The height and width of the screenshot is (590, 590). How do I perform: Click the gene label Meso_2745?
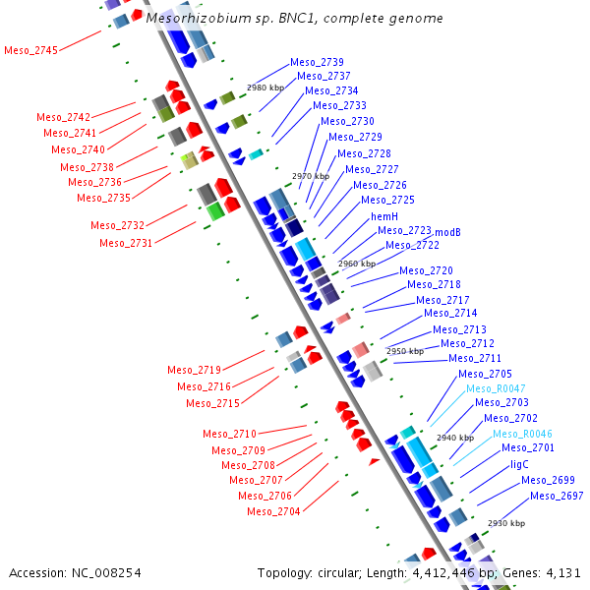pyautogui.click(x=30, y=50)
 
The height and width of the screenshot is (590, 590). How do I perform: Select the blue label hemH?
pyautogui.click(x=384, y=216)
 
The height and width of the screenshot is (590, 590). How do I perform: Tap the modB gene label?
pyautogui.click(x=447, y=232)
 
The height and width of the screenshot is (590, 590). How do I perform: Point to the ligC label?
pyautogui.click(x=519, y=465)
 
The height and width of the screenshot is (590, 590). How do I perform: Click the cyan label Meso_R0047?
pyautogui.click(x=496, y=388)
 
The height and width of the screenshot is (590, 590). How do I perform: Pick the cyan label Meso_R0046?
pyautogui.click(x=522, y=434)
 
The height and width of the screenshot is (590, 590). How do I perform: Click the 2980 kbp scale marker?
pyautogui.click(x=265, y=88)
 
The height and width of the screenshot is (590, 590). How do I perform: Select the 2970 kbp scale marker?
pyautogui.click(x=311, y=176)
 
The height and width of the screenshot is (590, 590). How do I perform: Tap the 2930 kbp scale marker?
pyautogui.click(x=506, y=523)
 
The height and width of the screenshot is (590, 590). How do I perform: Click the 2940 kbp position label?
pyautogui.click(x=455, y=438)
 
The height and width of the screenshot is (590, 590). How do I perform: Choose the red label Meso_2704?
pyautogui.click(x=273, y=511)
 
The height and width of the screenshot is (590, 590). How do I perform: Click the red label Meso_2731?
pyautogui.click(x=126, y=243)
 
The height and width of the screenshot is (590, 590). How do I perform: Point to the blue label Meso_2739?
pyautogui.click(x=317, y=62)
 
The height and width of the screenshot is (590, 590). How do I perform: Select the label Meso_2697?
pyautogui.click(x=557, y=496)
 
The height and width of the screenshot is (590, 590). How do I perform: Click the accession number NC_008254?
pyautogui.click(x=106, y=573)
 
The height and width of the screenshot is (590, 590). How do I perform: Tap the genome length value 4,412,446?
pyautogui.click(x=443, y=573)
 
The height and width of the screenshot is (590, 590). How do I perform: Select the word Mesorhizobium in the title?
pyautogui.click(x=199, y=18)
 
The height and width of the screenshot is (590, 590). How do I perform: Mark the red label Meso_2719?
pyautogui.click(x=194, y=370)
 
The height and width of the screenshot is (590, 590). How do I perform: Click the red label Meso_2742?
pyautogui.click(x=63, y=117)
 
